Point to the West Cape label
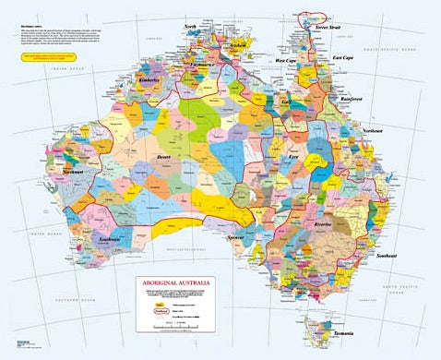(291, 61)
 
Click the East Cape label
(345, 58)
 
